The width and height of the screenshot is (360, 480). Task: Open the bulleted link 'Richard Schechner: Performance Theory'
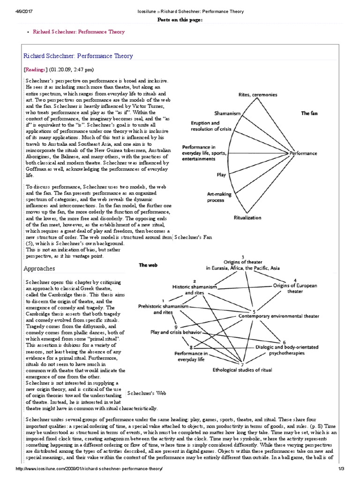point(78,32)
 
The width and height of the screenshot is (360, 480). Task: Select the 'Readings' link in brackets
point(35,69)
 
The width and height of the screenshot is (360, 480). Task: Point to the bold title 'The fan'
point(309,113)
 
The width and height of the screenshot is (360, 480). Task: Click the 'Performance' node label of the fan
point(303,153)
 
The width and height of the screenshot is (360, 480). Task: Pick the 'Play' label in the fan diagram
point(221,175)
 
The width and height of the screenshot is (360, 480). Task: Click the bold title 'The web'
point(148,265)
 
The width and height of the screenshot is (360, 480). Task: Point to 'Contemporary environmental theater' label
point(279,316)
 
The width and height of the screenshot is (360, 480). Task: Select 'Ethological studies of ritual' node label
point(242,370)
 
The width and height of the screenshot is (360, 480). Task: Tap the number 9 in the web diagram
point(175,327)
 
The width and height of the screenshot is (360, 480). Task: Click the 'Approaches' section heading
point(39,269)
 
